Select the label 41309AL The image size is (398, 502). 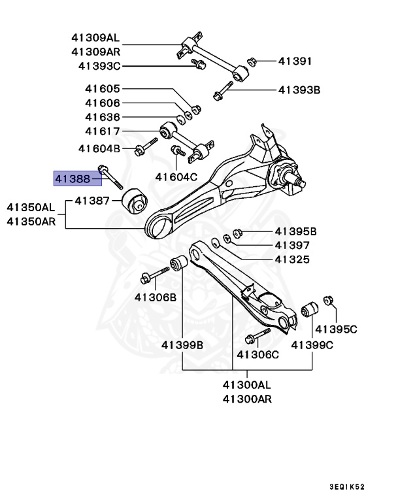pyautogui.click(x=96, y=38)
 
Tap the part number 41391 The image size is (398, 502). pyautogui.click(x=295, y=61)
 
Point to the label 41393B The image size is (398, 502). pyautogui.click(x=299, y=90)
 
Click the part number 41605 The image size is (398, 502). pyautogui.click(x=102, y=89)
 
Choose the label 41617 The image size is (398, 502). pyautogui.click(x=102, y=132)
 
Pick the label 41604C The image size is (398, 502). pyautogui.click(x=176, y=176)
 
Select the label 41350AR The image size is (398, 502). pyautogui.click(x=31, y=221)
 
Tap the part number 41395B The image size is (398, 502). pyautogui.click(x=295, y=231)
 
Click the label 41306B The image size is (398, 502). pyautogui.click(x=156, y=297)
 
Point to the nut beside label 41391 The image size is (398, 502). pyautogui.click(x=250, y=61)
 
